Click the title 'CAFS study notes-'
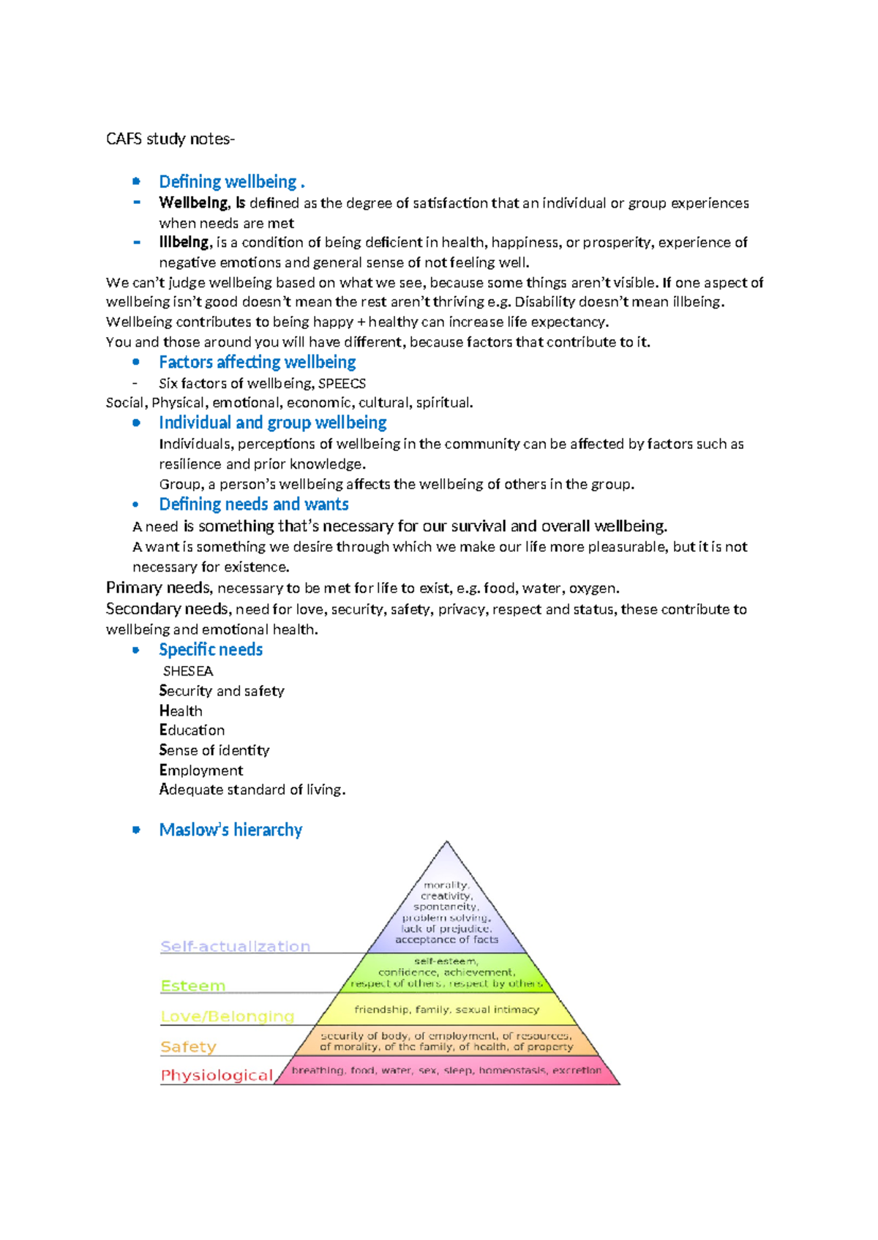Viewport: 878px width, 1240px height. pyautogui.click(x=170, y=139)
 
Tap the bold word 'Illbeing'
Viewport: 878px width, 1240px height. pyautogui.click(x=184, y=242)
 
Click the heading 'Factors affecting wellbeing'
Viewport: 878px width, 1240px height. pyautogui.click(x=257, y=362)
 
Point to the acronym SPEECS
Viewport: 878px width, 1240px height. pyautogui.click(x=342, y=383)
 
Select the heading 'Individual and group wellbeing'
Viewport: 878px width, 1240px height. pyautogui.click(x=272, y=423)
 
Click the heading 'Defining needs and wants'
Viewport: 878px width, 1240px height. pyautogui.click(x=253, y=504)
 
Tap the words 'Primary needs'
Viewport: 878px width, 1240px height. pyautogui.click(x=159, y=588)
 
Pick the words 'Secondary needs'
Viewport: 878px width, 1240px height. pyautogui.click(x=166, y=609)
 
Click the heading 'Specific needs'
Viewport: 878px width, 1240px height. pyautogui.click(x=211, y=650)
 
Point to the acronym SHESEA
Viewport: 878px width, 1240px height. pyautogui.click(x=188, y=671)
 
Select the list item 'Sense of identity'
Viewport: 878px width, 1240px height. pyautogui.click(x=214, y=750)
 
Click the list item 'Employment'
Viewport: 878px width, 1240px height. pyautogui.click(x=201, y=770)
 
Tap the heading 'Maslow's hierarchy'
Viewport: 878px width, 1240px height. pyautogui.click(x=230, y=830)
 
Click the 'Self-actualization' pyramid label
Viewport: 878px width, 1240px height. pyautogui.click(x=235, y=946)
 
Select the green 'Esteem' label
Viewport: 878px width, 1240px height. pyautogui.click(x=192, y=986)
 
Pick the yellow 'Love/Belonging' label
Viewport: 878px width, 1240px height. pyautogui.click(x=227, y=1016)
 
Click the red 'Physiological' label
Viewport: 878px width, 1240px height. pyautogui.click(x=216, y=1075)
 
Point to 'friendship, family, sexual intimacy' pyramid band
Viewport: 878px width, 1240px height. pyautogui.click(x=446, y=1010)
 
